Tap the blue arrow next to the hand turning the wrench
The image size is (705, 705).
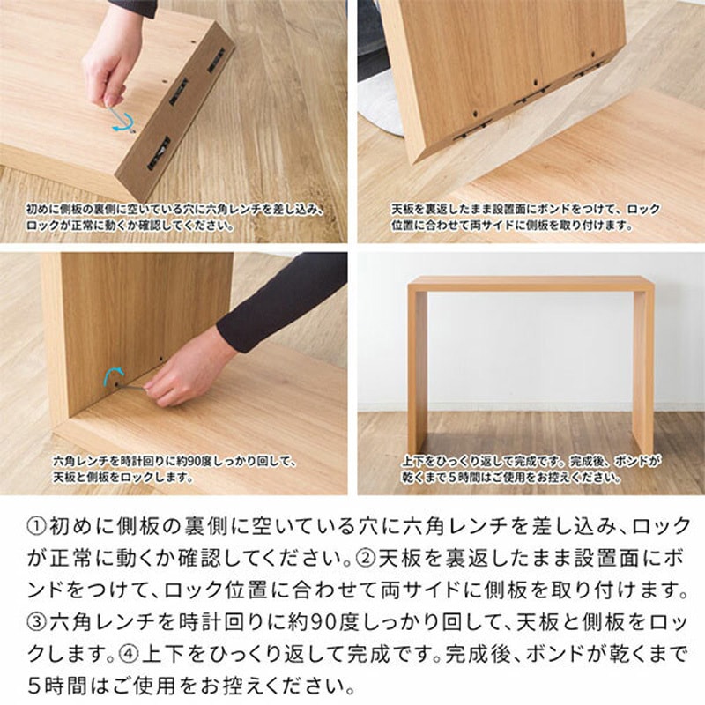[x=112, y=377]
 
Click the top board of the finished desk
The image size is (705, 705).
[x=531, y=285]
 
